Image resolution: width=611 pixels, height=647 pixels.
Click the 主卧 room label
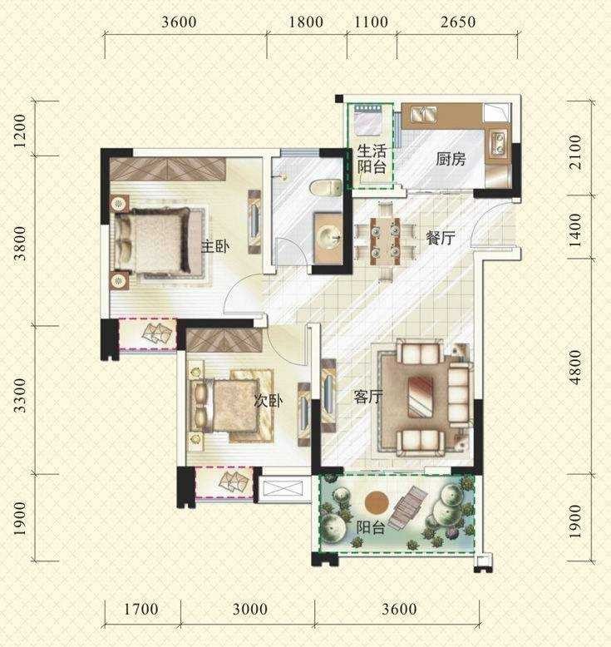point(214,247)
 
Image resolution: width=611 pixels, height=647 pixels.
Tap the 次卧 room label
point(269,400)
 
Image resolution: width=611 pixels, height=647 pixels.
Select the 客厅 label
point(368,397)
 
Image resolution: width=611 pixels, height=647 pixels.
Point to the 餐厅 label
point(441,238)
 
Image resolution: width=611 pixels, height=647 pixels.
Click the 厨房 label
point(451,159)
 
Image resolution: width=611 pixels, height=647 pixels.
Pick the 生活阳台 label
point(372,159)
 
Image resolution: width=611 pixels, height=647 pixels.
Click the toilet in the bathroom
point(326,188)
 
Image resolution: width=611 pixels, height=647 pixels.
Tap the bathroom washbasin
point(328,238)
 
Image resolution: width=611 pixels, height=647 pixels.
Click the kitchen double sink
point(424,114)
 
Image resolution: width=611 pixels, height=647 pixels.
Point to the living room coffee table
point(421,397)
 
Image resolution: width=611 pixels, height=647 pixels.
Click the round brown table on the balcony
point(377,502)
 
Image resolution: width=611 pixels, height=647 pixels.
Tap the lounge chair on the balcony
point(407,507)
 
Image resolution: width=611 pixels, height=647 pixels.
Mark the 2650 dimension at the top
point(458,22)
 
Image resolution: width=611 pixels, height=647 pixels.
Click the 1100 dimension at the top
point(372,22)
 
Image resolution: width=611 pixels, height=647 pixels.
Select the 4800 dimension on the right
point(574,367)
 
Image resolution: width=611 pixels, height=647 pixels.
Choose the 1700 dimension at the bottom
point(141,609)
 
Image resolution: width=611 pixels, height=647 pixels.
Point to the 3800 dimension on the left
point(19,244)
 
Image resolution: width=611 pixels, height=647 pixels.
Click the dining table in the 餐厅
point(385,241)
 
